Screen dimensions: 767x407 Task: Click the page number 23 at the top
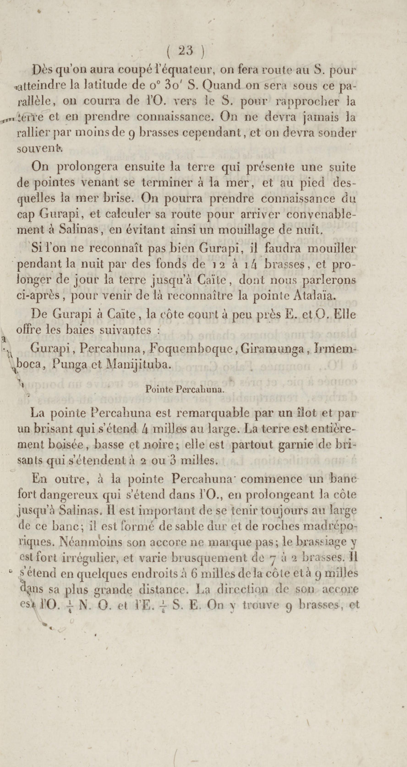point(186,51)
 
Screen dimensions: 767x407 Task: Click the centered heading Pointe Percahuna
point(185,390)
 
